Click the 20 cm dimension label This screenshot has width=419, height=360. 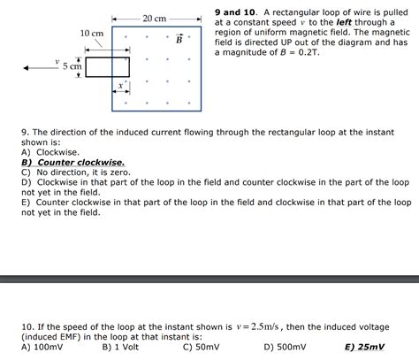[x=155, y=19]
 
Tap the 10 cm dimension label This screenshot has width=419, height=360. [x=92, y=33]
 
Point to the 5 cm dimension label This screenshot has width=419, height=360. [x=72, y=66]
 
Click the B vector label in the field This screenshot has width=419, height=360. [x=179, y=39]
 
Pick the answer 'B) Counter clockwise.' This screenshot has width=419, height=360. [x=72, y=163]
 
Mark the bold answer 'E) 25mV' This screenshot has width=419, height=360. [x=365, y=348]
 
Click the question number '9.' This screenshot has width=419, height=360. [x=27, y=132]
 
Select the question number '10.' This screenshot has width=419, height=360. [x=29, y=327]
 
